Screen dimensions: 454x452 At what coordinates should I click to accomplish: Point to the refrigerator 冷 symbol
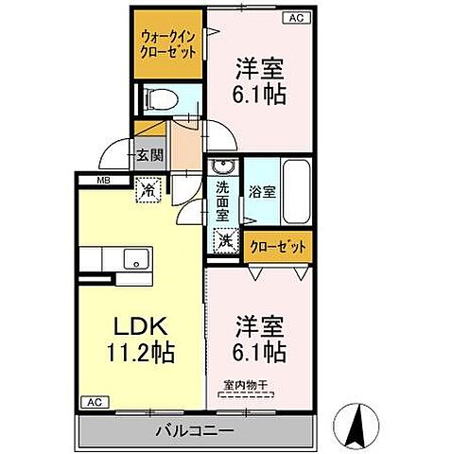[148, 188]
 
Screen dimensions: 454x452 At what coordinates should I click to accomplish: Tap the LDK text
[142, 327]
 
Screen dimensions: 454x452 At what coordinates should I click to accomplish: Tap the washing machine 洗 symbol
[226, 242]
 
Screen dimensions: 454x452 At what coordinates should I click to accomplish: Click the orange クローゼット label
[279, 248]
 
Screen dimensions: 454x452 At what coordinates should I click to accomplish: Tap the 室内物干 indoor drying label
[245, 385]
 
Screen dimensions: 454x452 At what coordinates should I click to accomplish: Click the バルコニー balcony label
[197, 430]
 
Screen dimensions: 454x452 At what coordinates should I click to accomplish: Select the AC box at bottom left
[94, 402]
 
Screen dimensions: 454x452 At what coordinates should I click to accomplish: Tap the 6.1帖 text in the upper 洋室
[261, 95]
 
